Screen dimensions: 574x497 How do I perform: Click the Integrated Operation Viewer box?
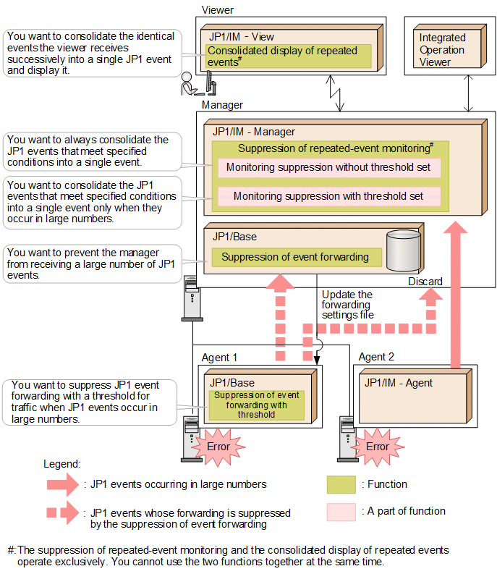[442, 49]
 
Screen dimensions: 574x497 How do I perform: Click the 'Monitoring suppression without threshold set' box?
[328, 167]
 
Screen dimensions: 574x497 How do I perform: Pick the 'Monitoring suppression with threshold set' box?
[328, 196]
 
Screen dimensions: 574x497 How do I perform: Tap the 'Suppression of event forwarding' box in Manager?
[295, 257]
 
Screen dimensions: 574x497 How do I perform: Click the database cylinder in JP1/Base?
[403, 250]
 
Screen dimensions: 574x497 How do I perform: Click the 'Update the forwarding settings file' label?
[347, 305]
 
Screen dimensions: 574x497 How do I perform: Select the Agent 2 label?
[376, 357]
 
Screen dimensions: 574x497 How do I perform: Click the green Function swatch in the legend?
[341, 484]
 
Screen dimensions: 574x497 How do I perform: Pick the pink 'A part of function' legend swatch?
[341, 511]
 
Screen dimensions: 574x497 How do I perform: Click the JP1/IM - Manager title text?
[254, 132]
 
